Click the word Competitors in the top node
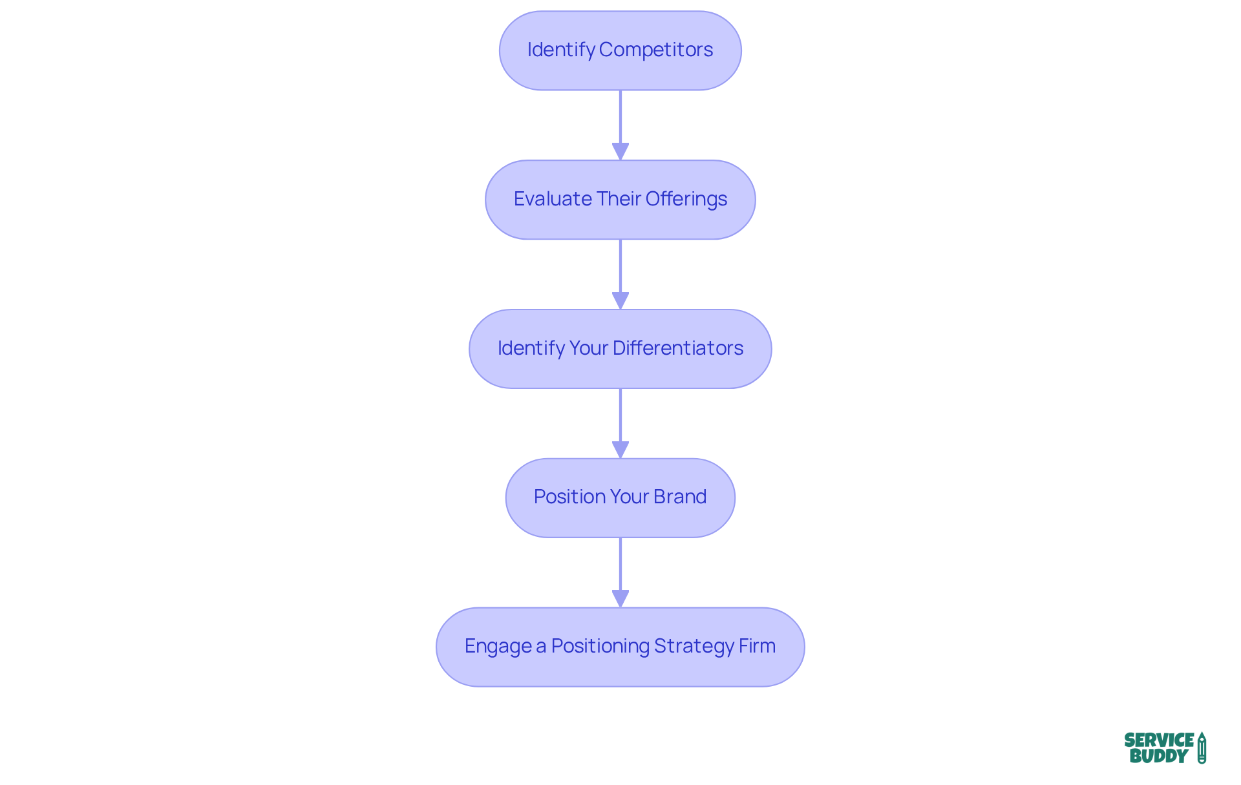pyautogui.click(x=655, y=50)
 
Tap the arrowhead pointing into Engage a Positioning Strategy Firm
pyautogui.click(x=620, y=598)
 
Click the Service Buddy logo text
pyautogui.click(x=1158, y=748)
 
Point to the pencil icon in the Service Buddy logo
pyautogui.click(x=1202, y=748)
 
